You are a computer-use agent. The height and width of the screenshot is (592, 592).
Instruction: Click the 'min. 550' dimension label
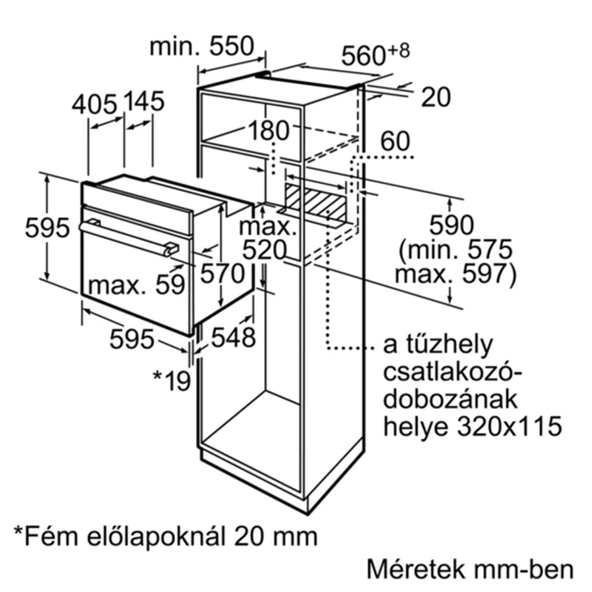202,47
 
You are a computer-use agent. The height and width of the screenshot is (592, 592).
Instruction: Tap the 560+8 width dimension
376,54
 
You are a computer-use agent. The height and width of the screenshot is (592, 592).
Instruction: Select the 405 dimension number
94,104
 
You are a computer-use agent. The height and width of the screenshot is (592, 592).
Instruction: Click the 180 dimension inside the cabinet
269,130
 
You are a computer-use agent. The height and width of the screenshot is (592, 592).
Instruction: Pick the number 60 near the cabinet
395,141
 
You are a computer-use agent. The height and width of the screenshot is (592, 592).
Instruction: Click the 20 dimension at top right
435,97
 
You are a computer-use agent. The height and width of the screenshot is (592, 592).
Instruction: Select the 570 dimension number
222,273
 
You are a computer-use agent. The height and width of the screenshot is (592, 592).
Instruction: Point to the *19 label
172,380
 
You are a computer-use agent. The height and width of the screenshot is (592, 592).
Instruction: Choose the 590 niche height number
451,225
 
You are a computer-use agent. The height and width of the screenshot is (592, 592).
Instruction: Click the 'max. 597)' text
455,274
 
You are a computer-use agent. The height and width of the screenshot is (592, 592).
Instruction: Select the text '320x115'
510,426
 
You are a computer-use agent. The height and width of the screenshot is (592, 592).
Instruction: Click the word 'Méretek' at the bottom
415,569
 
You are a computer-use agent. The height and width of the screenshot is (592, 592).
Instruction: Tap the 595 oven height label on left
47,228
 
